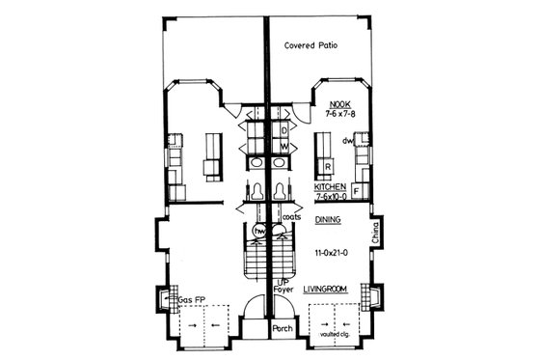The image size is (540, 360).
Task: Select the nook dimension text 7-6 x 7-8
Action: point(340,113)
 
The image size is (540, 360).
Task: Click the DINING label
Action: point(328,220)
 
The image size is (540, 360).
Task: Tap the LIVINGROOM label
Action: point(325,289)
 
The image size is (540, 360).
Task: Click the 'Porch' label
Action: point(282,328)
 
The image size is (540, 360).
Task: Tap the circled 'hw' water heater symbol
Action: point(259,233)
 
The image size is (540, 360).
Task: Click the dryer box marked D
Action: point(285,127)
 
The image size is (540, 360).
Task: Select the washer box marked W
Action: point(285,147)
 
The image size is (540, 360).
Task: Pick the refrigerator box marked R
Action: point(327,166)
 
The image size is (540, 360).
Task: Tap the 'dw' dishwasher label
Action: point(347,139)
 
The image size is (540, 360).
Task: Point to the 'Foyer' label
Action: point(282,288)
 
